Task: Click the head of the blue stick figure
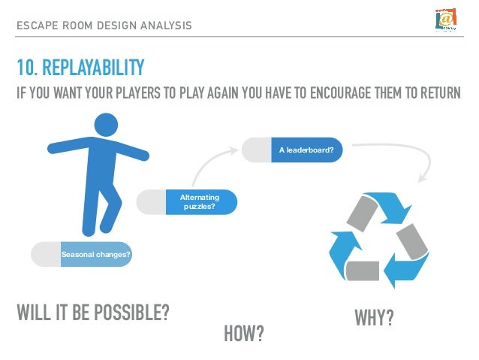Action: point(107,126)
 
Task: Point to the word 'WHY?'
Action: point(373,318)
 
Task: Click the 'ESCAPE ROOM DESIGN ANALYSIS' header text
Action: point(104,26)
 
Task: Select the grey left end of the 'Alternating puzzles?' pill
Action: point(150,201)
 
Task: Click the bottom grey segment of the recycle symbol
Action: point(364,270)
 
